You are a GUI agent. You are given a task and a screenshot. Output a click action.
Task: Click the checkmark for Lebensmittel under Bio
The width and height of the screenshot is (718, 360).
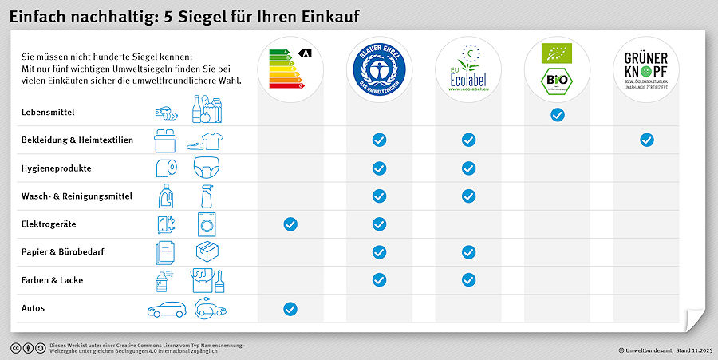(x=558, y=115)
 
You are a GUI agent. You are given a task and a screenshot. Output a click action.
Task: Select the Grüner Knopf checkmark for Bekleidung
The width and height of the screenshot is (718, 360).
(x=647, y=140)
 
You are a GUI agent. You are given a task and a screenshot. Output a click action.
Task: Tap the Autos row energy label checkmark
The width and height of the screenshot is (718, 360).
(x=290, y=309)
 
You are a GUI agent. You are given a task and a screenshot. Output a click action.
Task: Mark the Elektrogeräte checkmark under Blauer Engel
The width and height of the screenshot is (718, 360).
(x=380, y=224)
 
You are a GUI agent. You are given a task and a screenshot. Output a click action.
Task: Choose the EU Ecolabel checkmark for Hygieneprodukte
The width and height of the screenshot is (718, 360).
(x=468, y=168)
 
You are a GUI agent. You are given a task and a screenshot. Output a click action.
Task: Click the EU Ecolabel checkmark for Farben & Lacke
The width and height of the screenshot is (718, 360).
(x=468, y=280)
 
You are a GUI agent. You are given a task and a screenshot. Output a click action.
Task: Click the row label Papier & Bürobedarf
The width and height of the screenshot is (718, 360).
(x=63, y=252)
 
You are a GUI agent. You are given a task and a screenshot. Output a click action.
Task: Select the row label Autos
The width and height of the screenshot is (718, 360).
(x=33, y=308)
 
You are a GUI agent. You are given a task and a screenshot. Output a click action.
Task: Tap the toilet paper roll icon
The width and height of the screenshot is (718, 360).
(x=164, y=168)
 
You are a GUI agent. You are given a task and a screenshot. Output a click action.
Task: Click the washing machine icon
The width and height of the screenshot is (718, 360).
(x=206, y=224)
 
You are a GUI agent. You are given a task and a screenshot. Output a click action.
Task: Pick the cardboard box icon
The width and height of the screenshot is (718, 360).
(x=207, y=252)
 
